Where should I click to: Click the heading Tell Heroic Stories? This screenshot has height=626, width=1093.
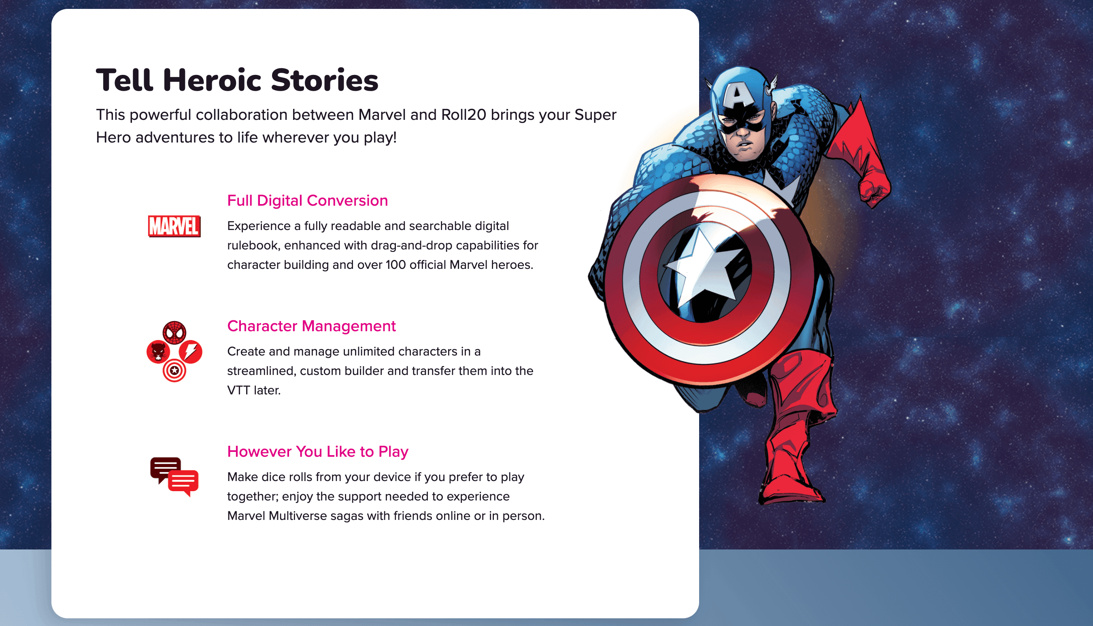(x=237, y=81)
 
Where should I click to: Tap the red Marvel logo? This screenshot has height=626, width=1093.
(x=174, y=226)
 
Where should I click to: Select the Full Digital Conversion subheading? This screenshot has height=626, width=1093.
(x=307, y=200)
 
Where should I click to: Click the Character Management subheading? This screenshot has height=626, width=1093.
(x=311, y=326)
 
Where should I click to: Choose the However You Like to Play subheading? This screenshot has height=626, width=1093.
(x=318, y=451)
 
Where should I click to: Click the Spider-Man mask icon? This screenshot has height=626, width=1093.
(x=174, y=332)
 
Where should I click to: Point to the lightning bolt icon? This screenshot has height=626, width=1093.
(x=190, y=352)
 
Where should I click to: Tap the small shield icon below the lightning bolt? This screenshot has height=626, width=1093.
(x=174, y=370)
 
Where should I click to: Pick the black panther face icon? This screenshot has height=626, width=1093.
(x=158, y=352)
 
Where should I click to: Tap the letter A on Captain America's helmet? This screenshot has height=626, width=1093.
(x=738, y=96)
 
